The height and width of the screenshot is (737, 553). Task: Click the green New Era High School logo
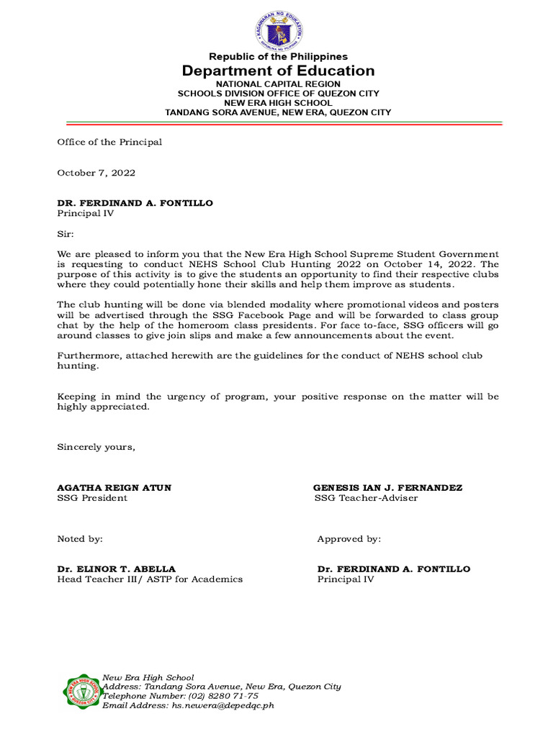point(81,692)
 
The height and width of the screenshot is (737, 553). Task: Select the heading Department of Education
point(278,71)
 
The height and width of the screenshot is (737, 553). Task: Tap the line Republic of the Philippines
point(278,56)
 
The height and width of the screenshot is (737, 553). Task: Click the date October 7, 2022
point(96,173)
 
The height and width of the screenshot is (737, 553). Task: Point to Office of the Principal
point(109,142)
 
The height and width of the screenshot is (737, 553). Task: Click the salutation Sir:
point(66,234)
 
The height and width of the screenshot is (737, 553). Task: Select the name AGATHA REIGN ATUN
point(114,487)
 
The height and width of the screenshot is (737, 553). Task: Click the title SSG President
point(92,498)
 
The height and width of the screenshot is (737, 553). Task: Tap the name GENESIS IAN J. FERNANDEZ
point(387,487)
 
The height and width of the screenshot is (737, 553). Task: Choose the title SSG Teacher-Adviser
point(366,498)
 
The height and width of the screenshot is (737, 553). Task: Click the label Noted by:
point(80,538)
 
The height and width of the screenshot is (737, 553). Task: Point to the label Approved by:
point(349,538)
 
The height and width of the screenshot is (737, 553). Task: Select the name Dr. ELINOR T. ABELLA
point(116,569)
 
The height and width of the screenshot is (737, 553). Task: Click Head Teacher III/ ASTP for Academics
point(150,579)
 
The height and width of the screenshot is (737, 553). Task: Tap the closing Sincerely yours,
point(96,447)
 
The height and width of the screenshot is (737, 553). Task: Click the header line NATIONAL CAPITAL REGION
point(278,84)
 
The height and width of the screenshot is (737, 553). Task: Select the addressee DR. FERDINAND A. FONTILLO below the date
point(135,203)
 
